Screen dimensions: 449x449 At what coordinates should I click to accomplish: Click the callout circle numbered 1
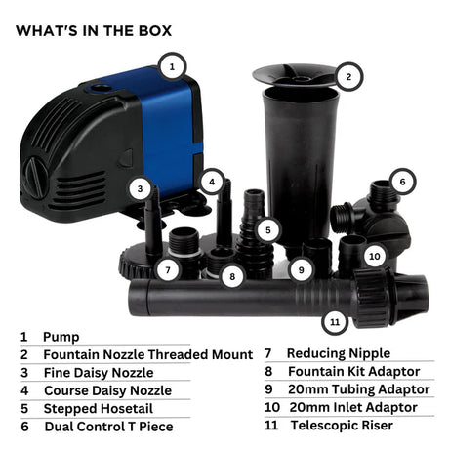point(172,67)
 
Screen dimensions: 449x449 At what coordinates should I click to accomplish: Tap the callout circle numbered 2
point(348,77)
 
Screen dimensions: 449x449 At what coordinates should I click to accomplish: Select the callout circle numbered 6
point(402,182)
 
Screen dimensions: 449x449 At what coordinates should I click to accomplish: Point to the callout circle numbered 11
point(335,322)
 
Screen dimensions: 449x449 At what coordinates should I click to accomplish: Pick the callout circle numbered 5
point(268,230)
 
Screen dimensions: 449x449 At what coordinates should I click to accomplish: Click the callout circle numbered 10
point(375,256)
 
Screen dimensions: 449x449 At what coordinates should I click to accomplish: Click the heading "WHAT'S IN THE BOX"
point(94,31)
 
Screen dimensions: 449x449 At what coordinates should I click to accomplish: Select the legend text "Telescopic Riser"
point(342,426)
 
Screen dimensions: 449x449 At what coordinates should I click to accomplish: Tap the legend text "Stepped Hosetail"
point(99,409)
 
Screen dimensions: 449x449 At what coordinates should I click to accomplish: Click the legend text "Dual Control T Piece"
point(108,427)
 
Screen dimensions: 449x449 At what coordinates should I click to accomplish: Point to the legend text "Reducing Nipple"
point(339,353)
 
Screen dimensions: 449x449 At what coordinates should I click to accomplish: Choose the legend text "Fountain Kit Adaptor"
point(354,371)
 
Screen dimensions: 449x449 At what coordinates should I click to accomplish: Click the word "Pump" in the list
point(61,337)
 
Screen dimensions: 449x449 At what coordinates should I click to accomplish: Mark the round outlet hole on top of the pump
point(100,88)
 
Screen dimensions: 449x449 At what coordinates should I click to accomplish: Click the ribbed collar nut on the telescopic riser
point(373,298)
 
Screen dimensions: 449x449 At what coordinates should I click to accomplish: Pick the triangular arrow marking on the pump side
point(126,158)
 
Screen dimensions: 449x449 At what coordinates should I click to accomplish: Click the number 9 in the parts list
point(268,389)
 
